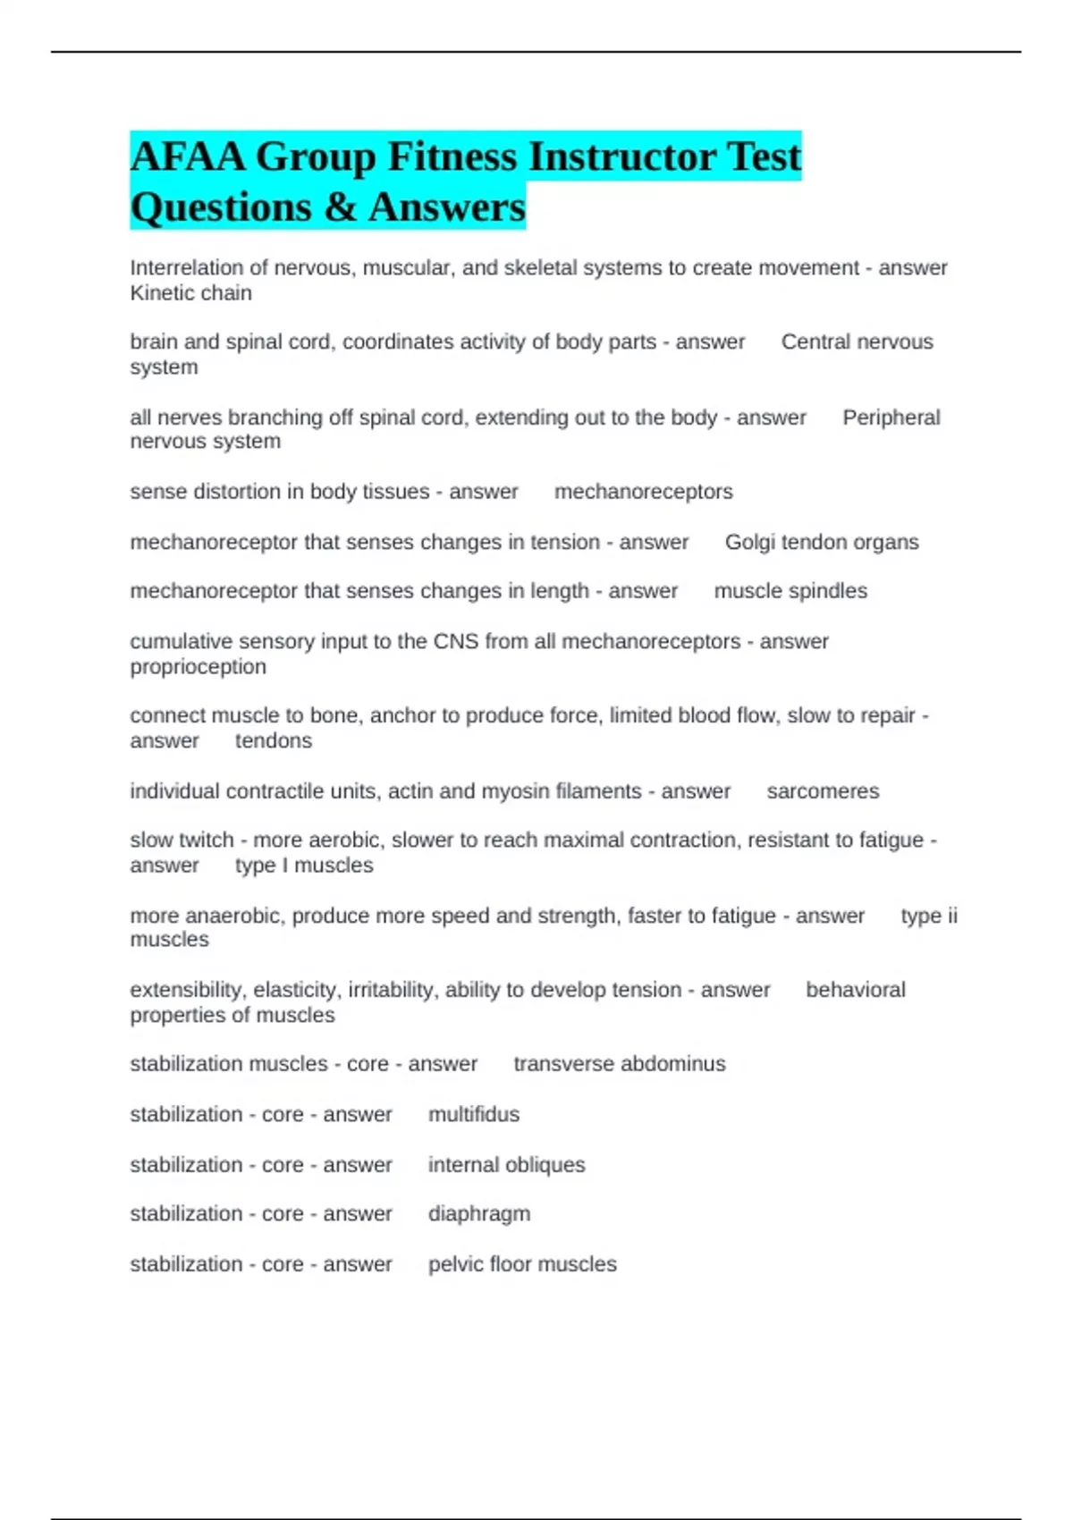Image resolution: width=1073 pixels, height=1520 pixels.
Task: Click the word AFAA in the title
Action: tap(188, 157)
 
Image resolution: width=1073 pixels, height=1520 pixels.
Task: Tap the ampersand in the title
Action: tap(340, 207)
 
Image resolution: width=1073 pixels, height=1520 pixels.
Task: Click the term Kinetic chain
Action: tap(190, 293)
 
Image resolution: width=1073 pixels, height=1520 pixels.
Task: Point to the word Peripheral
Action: tap(891, 418)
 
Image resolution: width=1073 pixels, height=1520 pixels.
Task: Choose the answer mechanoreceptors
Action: tap(643, 492)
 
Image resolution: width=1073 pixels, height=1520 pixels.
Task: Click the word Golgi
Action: tap(749, 543)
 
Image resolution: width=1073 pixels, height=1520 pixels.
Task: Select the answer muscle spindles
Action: tap(790, 591)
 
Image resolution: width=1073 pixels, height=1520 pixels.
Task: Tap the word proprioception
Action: tap(198, 667)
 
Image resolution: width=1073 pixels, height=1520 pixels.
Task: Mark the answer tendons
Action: tap(274, 741)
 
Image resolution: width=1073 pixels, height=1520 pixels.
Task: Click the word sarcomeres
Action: tap(823, 791)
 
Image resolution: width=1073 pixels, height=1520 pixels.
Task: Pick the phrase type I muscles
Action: tap(304, 866)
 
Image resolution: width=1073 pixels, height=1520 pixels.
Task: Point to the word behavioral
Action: tap(856, 990)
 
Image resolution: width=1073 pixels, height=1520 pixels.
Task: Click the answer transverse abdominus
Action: tap(619, 1064)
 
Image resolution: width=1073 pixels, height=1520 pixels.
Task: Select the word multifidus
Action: tap(474, 1114)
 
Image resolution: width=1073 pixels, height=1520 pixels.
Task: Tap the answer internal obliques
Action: tap(506, 1165)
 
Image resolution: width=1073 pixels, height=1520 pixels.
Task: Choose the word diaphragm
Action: tap(479, 1214)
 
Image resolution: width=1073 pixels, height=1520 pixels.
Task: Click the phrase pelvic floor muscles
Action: tap(522, 1264)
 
